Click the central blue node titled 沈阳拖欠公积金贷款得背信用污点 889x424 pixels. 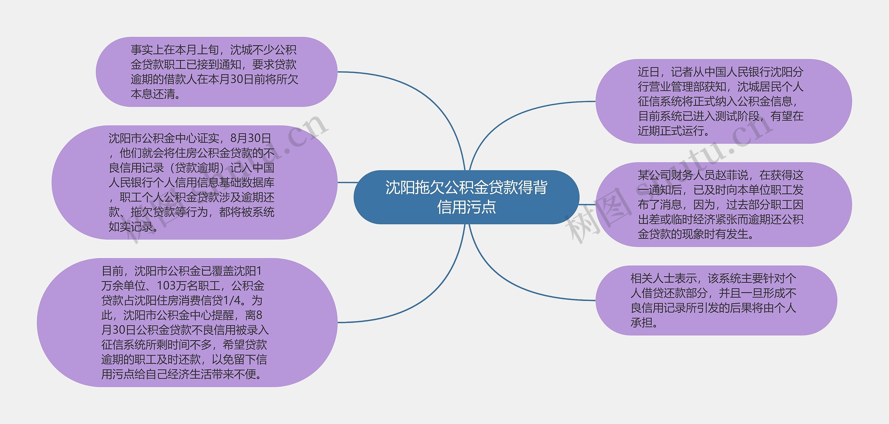(466, 197)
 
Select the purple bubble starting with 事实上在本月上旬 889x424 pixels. (216, 72)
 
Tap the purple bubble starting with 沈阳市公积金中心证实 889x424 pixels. (194, 182)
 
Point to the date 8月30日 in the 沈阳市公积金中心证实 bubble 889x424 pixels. (251, 138)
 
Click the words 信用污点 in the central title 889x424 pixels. (466, 207)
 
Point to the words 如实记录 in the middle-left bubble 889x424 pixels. (131, 227)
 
